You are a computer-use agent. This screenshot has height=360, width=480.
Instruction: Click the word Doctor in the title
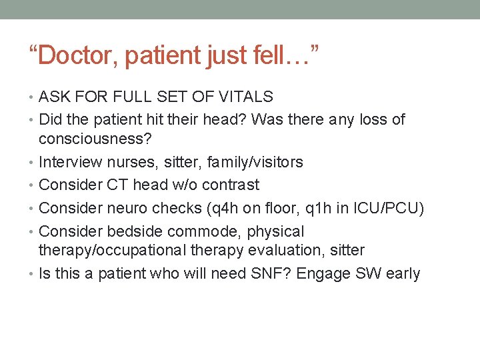pyautogui.click(x=79, y=55)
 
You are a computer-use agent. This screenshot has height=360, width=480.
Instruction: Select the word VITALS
pyautogui.click(x=248, y=97)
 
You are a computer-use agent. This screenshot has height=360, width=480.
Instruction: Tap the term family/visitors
pyautogui.click(x=255, y=162)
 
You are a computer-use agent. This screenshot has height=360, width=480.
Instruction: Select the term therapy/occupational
pyautogui.click(x=109, y=250)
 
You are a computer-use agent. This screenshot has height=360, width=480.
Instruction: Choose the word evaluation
pyautogui.click(x=271, y=250)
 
